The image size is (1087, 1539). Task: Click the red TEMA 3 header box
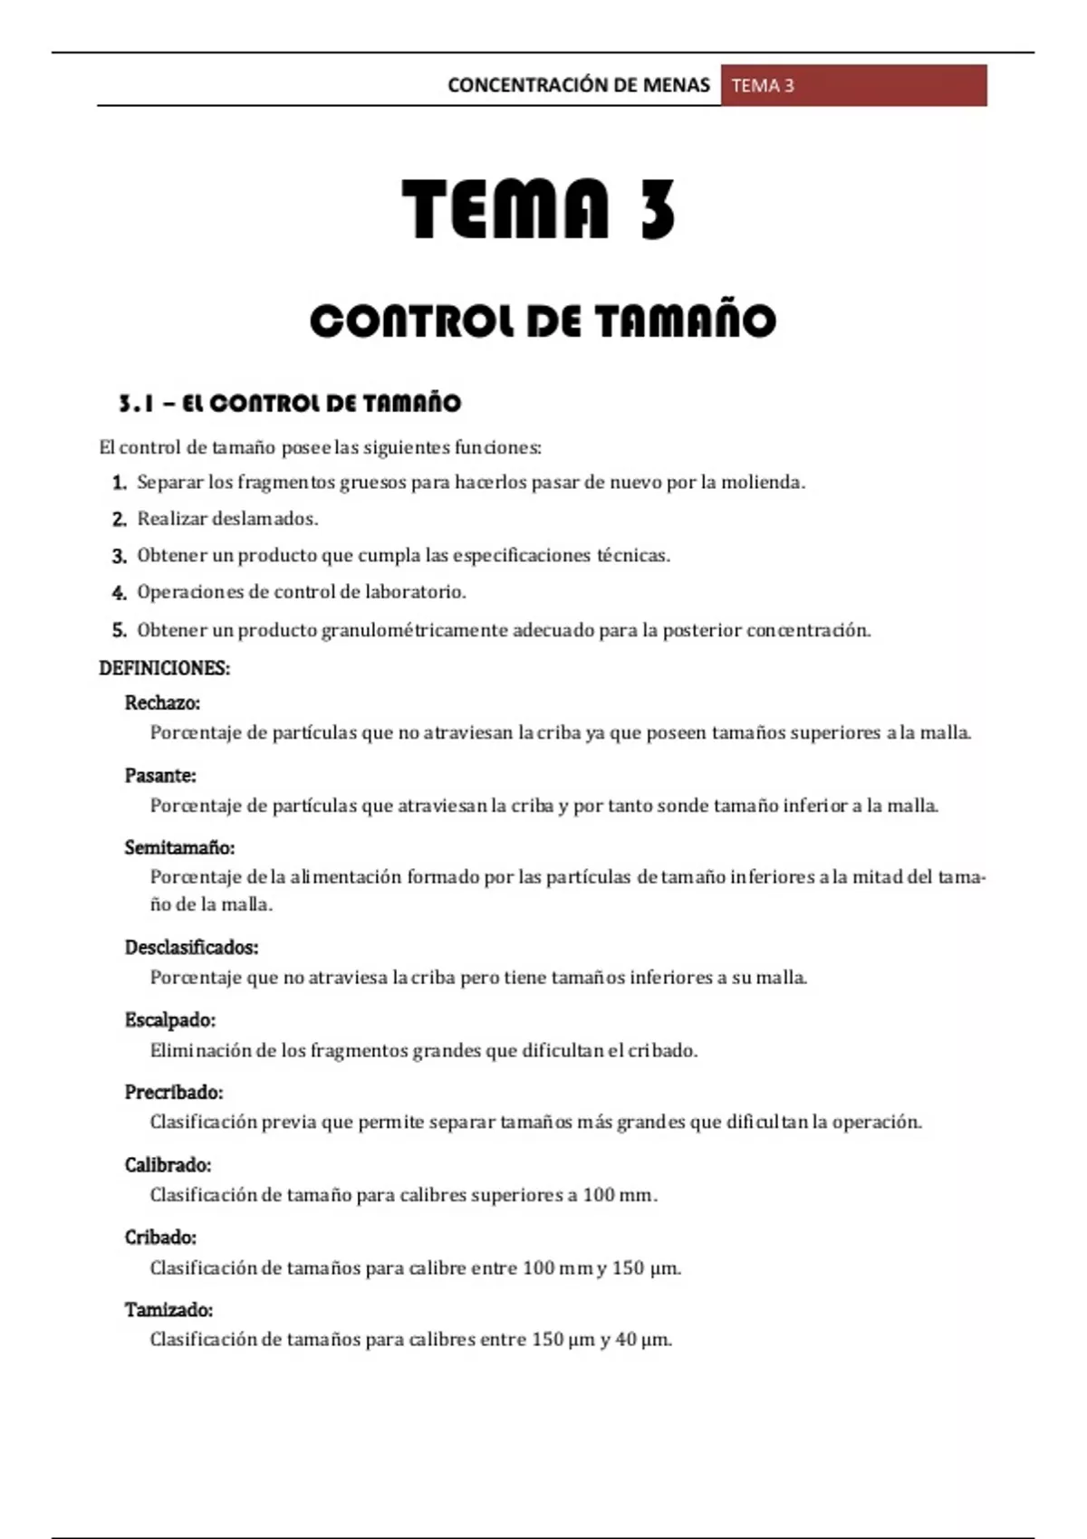tap(853, 85)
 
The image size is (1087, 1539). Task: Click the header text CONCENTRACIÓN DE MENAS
tap(578, 85)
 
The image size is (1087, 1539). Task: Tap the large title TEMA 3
tap(540, 209)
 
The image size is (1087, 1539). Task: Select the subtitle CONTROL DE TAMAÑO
tap(543, 321)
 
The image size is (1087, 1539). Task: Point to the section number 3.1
tap(137, 404)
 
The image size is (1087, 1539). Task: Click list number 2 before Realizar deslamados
tap(119, 520)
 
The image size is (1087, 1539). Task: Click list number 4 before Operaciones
tap(119, 593)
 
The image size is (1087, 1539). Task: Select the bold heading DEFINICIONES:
tap(164, 668)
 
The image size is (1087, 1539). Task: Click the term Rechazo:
tap(162, 703)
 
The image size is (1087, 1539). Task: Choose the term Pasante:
tap(160, 776)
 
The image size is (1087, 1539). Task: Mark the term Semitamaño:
tap(179, 848)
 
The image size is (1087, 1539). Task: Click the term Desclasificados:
tap(191, 948)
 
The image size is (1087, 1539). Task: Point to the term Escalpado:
tap(170, 1020)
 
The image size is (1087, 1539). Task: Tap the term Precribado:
tap(174, 1093)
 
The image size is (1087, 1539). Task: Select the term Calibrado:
tap(168, 1165)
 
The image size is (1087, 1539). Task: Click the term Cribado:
tap(160, 1238)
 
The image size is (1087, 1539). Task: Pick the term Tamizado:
tap(168, 1310)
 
